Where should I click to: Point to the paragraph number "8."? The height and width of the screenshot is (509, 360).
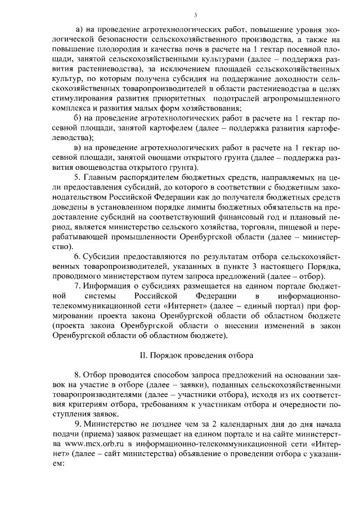tap(78, 375)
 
